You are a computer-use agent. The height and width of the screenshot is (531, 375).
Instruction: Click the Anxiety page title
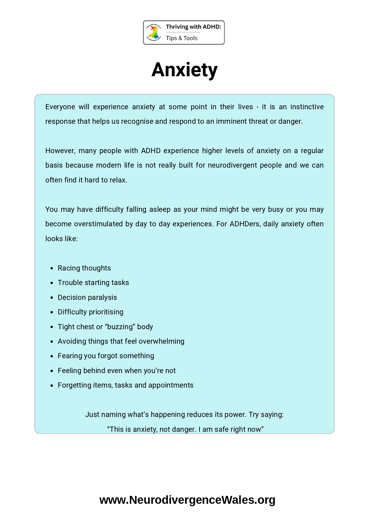[x=184, y=70]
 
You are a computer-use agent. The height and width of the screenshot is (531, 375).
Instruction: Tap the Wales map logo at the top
[x=154, y=32]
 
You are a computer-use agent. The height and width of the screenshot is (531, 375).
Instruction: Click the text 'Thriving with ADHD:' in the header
[x=193, y=27]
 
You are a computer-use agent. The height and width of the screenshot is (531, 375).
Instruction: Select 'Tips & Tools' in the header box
[x=182, y=38]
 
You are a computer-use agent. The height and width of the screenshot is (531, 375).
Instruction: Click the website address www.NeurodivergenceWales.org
[x=187, y=500]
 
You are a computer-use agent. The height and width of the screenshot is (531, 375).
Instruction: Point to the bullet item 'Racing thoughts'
[x=84, y=268]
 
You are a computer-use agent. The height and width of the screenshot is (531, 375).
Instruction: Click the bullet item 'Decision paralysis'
[x=87, y=297]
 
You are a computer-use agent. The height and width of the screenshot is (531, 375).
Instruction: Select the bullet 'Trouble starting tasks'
[x=93, y=283]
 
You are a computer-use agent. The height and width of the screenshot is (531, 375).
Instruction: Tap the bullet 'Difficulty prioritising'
[x=91, y=312]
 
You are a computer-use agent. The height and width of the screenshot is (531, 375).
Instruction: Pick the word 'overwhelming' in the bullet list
[x=161, y=341]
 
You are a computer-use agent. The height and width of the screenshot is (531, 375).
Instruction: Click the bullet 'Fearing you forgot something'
[x=106, y=356]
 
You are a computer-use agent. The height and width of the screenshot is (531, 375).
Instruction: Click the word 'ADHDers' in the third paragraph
[x=244, y=224]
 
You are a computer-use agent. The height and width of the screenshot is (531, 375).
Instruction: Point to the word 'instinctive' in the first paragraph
[x=307, y=107]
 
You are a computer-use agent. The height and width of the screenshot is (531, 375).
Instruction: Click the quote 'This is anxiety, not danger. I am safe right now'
[x=185, y=429]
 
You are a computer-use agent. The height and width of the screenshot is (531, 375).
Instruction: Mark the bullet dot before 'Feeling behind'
[x=52, y=371]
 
